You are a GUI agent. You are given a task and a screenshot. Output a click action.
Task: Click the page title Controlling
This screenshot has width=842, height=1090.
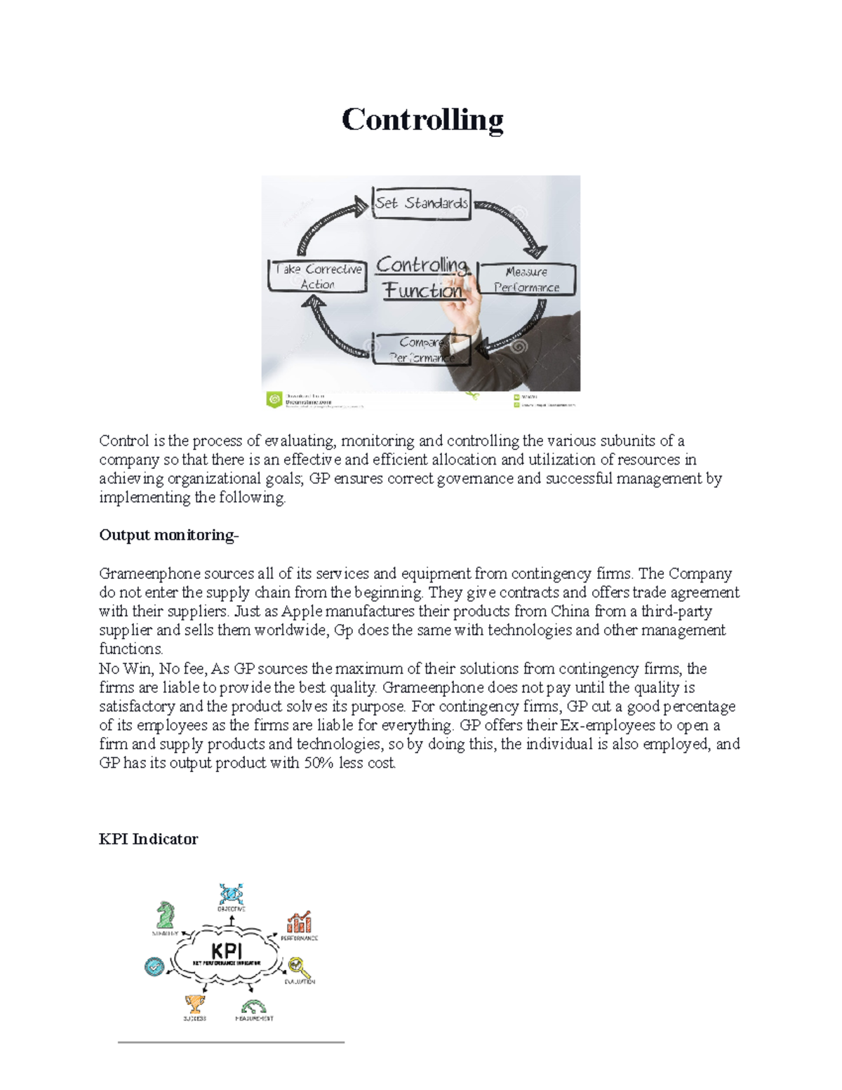(x=422, y=119)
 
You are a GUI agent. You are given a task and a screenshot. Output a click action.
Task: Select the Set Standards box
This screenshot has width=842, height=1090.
(x=421, y=204)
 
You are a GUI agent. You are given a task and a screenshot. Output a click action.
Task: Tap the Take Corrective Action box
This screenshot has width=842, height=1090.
(x=318, y=277)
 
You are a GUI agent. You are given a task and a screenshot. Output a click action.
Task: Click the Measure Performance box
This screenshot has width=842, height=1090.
(x=526, y=279)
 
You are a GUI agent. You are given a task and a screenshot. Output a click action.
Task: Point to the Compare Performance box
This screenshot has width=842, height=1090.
(x=421, y=350)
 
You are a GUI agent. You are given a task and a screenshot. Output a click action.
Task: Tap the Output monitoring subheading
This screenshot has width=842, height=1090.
(x=168, y=535)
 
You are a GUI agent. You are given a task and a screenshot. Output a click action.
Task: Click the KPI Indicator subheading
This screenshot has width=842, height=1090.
(x=148, y=839)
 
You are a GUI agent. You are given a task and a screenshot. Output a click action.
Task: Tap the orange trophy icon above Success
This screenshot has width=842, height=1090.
(x=194, y=1004)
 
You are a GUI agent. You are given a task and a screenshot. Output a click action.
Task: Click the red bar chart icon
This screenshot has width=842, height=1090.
(x=299, y=922)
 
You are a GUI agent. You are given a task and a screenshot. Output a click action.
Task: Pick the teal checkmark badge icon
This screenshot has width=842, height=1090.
(x=154, y=966)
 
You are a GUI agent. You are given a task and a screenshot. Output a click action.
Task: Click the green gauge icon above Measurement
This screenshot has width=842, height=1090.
(x=253, y=1006)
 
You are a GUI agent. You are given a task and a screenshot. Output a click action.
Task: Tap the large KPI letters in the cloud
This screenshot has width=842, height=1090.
(x=227, y=950)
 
